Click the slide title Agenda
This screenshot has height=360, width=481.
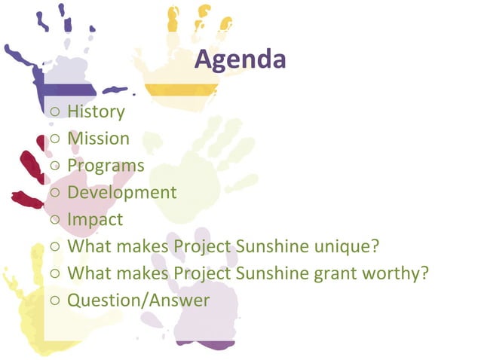pyautogui.click(x=240, y=59)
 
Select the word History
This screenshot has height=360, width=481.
pyautogui.click(x=96, y=112)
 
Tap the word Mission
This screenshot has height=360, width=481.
pyautogui.click(x=98, y=139)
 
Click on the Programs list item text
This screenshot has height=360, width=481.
pyautogui.click(x=106, y=166)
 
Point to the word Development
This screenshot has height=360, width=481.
pyautogui.click(x=121, y=193)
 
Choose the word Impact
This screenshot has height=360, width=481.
pyautogui.click(x=95, y=220)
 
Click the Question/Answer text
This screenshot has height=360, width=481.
pyautogui.click(x=139, y=301)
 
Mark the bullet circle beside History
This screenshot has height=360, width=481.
pyautogui.click(x=57, y=113)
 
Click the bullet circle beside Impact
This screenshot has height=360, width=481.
pyautogui.click(x=57, y=221)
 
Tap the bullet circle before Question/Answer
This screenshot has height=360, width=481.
pyautogui.click(x=57, y=301)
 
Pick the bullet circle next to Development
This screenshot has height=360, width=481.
pyautogui.click(x=57, y=194)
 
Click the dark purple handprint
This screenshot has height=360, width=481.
pyautogui.click(x=60, y=68)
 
